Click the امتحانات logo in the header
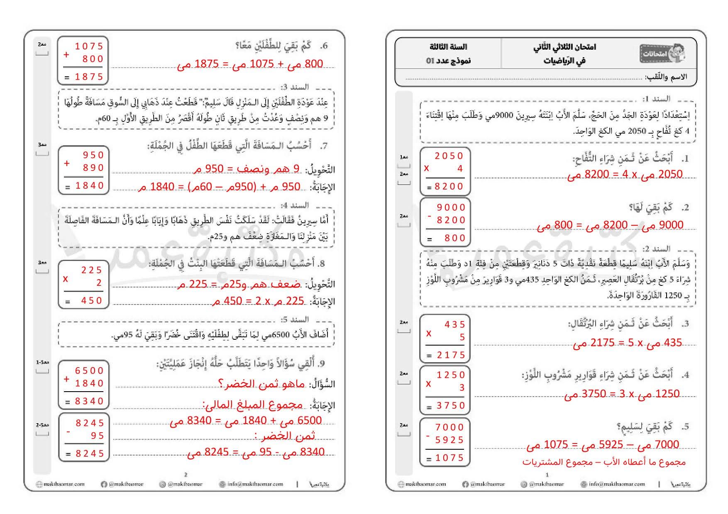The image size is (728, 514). pyautogui.click(x=662, y=53)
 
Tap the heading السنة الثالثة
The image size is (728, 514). pyautogui.click(x=448, y=46)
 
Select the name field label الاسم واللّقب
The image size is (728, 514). pyautogui.click(x=666, y=77)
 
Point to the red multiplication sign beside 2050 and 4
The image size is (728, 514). pyautogui.click(x=427, y=168)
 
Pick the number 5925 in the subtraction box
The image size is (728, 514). pyautogui.click(x=450, y=440)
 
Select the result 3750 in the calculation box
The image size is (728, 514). pyautogui.click(x=451, y=405)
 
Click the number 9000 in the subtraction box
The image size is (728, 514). pyautogui.click(x=451, y=207)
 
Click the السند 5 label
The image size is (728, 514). pyautogui.click(x=295, y=320)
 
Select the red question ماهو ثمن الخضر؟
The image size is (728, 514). pyautogui.click(x=262, y=384)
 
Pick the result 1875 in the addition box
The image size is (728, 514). pyautogui.click(x=89, y=77)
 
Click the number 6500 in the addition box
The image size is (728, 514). pyautogui.click(x=89, y=370)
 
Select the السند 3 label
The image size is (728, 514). pyautogui.click(x=295, y=87)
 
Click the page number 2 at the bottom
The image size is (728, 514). pyautogui.click(x=186, y=475)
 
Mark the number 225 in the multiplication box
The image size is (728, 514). pyautogui.click(x=92, y=270)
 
